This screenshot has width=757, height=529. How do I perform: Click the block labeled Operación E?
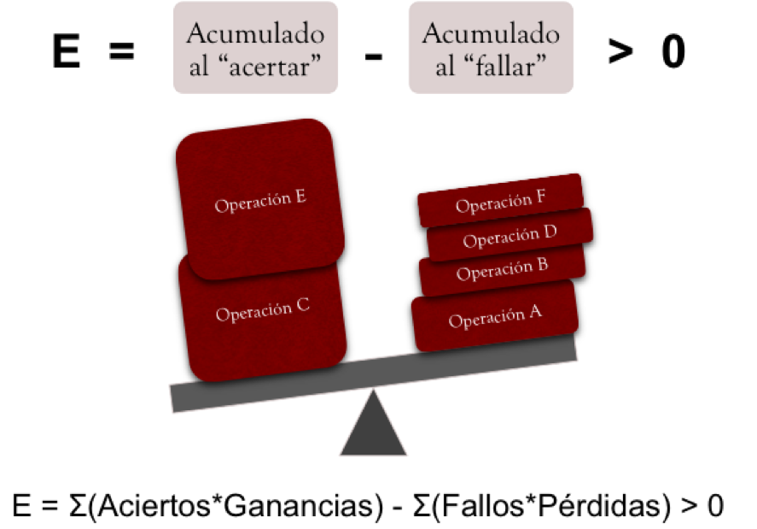point(260,202)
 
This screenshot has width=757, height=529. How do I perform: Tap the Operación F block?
point(500,203)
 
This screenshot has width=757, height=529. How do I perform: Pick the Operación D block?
point(510,237)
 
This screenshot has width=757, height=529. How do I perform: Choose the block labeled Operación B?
point(502,270)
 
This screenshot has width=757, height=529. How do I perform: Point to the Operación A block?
point(495,319)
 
